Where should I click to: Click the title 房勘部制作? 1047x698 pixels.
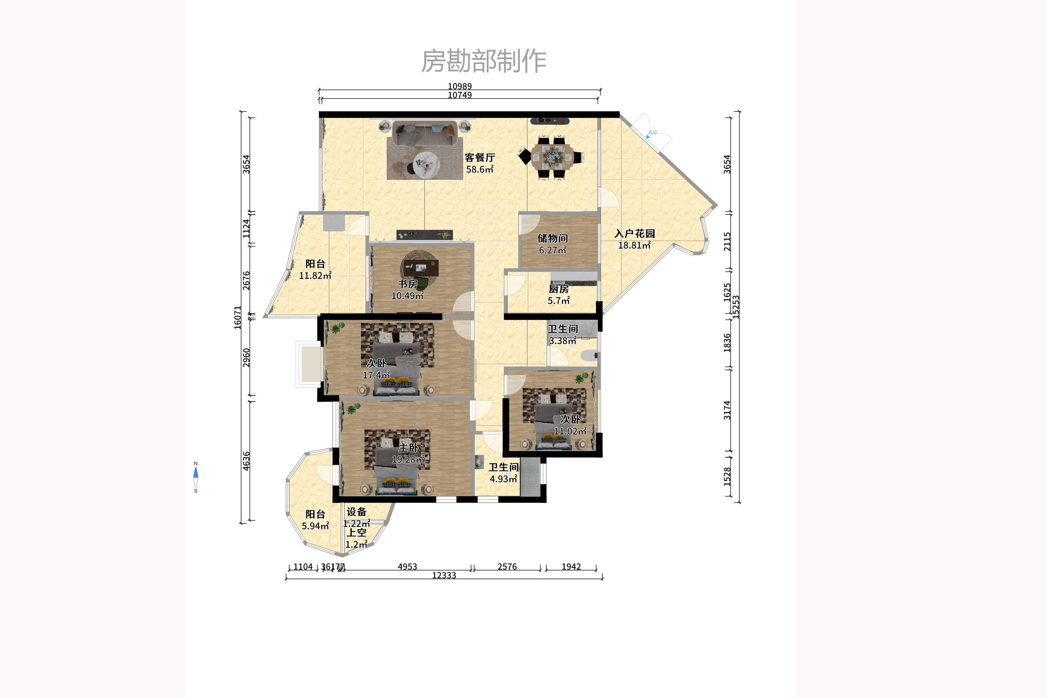pos(484,61)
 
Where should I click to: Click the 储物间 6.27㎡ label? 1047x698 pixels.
pos(552,244)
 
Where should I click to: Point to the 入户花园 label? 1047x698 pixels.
pos(634,239)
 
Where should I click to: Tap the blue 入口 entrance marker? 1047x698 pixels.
pos(652,133)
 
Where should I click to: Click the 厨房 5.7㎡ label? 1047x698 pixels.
pos(559,294)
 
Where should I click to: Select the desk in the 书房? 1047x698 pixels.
pos(421,268)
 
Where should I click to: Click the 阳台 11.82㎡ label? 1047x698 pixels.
pos(315,269)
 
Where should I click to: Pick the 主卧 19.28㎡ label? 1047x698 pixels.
pos(408,453)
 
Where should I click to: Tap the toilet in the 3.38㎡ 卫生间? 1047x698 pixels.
pos(588,355)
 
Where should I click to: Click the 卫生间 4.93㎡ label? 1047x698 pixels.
pos(503,473)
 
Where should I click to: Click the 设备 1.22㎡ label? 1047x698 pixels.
pos(356,517)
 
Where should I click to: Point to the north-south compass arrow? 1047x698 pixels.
pos(195,477)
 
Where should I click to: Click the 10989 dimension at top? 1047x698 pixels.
pos(460,86)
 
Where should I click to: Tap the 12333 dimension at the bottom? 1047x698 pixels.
pos(444,575)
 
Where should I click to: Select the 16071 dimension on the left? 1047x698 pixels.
pos(237,317)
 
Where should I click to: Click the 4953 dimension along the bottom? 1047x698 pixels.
pos(407,566)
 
